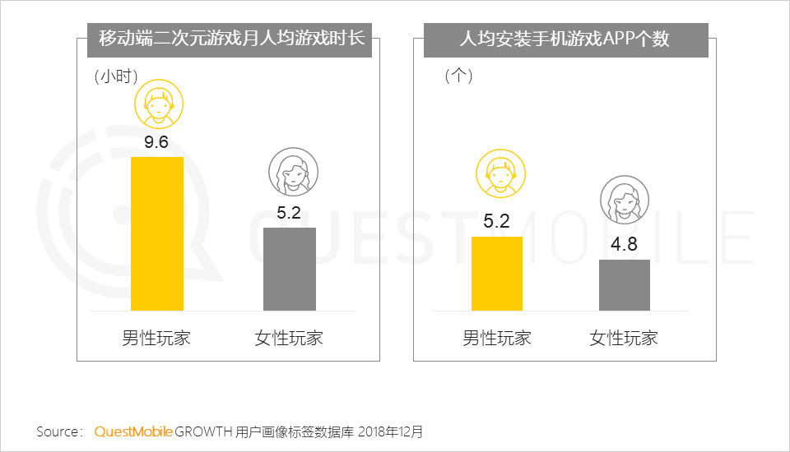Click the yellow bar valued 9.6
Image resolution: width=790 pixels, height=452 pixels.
tap(157, 233)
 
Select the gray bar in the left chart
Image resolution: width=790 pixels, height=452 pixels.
tap(289, 269)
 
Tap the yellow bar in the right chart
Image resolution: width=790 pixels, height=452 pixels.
tap(496, 273)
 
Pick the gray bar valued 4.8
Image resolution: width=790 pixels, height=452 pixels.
tap(624, 284)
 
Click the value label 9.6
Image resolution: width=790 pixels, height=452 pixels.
tap(156, 143)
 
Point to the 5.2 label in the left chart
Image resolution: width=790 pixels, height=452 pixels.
tap(289, 214)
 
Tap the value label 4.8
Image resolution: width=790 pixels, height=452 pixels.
tap(624, 246)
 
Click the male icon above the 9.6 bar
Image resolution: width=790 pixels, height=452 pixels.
tap(159, 104)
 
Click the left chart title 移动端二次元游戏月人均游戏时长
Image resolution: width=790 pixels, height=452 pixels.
tap(231, 39)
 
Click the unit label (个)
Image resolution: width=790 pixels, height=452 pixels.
tap(458, 76)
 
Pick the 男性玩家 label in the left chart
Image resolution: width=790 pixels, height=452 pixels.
tap(156, 338)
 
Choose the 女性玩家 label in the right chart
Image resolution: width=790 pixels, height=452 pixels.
tap(624, 338)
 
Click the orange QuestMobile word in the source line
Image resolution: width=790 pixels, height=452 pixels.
tap(133, 431)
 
